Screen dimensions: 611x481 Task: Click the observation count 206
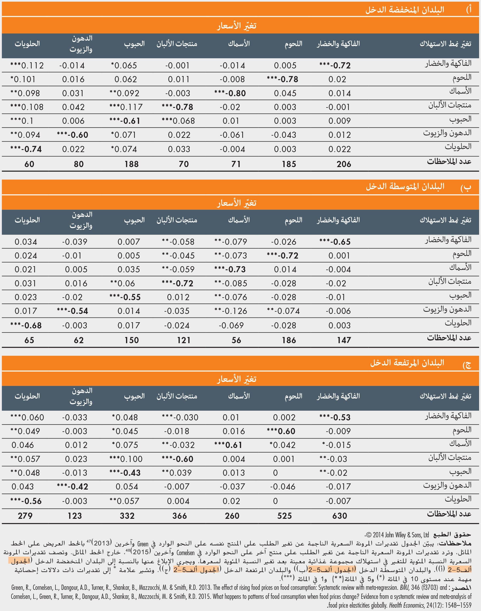[344, 164]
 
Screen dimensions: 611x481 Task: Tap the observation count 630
[339, 516]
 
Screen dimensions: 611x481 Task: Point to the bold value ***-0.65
[335, 242]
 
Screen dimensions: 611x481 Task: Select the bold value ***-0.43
[125, 473]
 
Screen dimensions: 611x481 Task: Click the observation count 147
[344, 340]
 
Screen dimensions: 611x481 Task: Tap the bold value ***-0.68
[26, 326]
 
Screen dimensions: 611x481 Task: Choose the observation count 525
[284, 516]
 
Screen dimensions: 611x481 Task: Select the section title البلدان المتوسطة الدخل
[405, 186]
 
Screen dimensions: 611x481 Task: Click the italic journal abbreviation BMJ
[404, 588]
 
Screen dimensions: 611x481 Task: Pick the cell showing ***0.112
[27, 66]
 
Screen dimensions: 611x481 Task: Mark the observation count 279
[25, 516]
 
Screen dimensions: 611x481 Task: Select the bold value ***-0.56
[26, 501]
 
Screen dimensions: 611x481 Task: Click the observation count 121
[184, 340]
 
